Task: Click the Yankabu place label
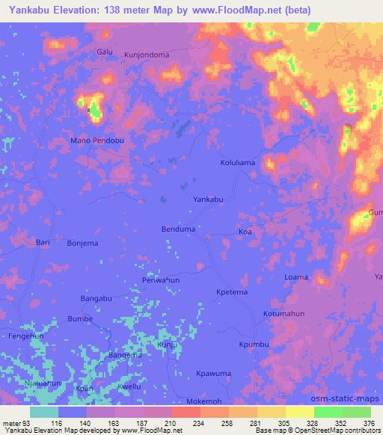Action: (209, 200)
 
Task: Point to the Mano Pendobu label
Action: (96, 140)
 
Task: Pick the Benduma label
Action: (178, 229)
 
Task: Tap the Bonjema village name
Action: (83, 244)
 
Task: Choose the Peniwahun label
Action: (161, 280)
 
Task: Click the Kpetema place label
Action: (230, 291)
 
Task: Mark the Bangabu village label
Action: (96, 299)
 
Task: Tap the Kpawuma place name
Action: (212, 373)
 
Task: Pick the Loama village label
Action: (296, 277)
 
